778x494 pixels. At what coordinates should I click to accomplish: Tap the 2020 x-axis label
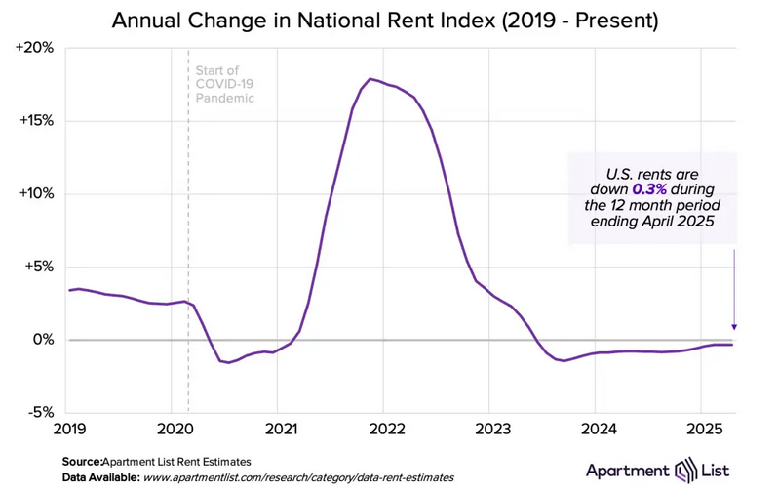tap(172, 429)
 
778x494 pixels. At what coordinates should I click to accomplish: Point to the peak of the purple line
tap(370, 78)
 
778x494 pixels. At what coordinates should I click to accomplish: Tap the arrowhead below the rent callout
tap(734, 328)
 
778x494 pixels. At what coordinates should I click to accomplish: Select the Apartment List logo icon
tap(685, 472)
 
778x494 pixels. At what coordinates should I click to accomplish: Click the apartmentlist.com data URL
tap(298, 478)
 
